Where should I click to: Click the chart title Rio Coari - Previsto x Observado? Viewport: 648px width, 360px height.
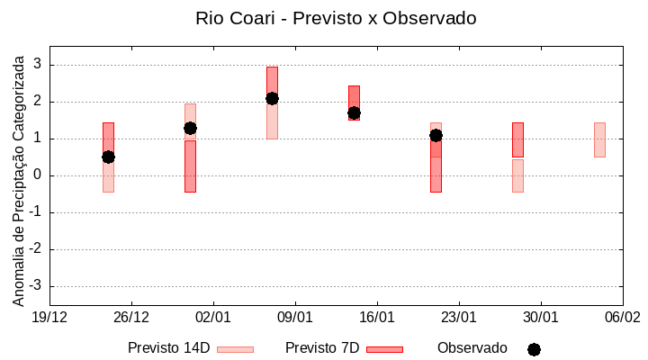[336, 18]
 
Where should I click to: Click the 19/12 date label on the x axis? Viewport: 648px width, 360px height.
[49, 318]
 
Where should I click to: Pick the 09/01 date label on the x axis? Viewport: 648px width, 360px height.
[295, 318]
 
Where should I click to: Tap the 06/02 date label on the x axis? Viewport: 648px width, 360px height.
[622, 318]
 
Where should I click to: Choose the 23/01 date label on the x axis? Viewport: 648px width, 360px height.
[459, 318]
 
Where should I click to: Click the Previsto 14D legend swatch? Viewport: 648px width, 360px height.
[235, 349]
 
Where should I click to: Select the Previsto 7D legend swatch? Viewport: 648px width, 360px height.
[384, 349]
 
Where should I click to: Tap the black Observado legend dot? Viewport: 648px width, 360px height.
[534, 349]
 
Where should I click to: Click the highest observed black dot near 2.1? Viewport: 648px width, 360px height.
[272, 98]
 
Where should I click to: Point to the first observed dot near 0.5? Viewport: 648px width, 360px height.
[108, 157]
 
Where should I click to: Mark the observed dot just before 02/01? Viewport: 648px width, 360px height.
[190, 128]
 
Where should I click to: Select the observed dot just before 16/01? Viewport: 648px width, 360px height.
[354, 113]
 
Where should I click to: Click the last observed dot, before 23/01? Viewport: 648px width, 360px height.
[436, 135]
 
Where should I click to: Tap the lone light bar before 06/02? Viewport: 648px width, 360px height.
[599, 139]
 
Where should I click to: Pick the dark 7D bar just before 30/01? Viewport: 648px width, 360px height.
[517, 139]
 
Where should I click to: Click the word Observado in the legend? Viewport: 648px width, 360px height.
[472, 347]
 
